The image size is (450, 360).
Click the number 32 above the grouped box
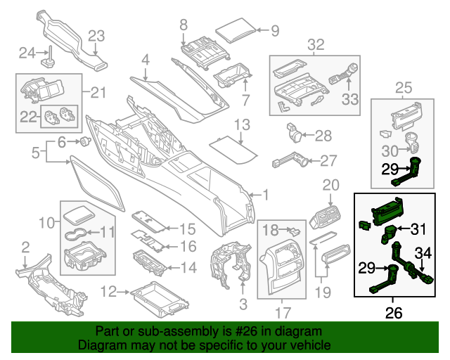coord(316,45)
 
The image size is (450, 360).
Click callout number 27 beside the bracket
coord(329,161)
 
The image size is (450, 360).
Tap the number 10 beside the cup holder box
coord(46,223)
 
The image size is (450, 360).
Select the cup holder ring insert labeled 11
coord(75,233)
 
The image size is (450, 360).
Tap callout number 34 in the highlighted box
coord(423,252)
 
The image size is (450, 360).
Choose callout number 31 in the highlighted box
coord(418,229)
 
